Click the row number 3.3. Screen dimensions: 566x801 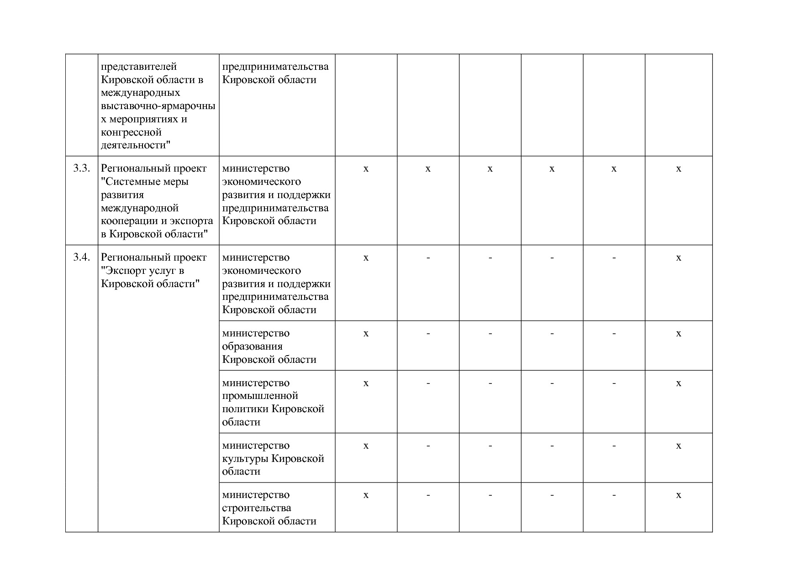coord(81,168)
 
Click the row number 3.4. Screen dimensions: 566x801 coord(81,257)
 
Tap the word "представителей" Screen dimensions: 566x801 coord(139,67)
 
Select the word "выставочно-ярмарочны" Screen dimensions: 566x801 coord(158,106)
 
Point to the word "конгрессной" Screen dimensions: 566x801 coord(132,133)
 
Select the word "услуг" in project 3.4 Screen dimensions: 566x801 coord(160,271)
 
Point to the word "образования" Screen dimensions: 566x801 coord(252,346)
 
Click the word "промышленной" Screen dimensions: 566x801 coord(260,396)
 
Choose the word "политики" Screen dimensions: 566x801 coord(245,409)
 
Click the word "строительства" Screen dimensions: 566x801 coord(257,508)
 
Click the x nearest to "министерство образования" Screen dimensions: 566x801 coord(366,334)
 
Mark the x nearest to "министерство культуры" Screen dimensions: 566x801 coord(366,446)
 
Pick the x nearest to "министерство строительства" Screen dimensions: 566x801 coord(366,495)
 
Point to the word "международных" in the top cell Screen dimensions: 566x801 coord(141,93)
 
